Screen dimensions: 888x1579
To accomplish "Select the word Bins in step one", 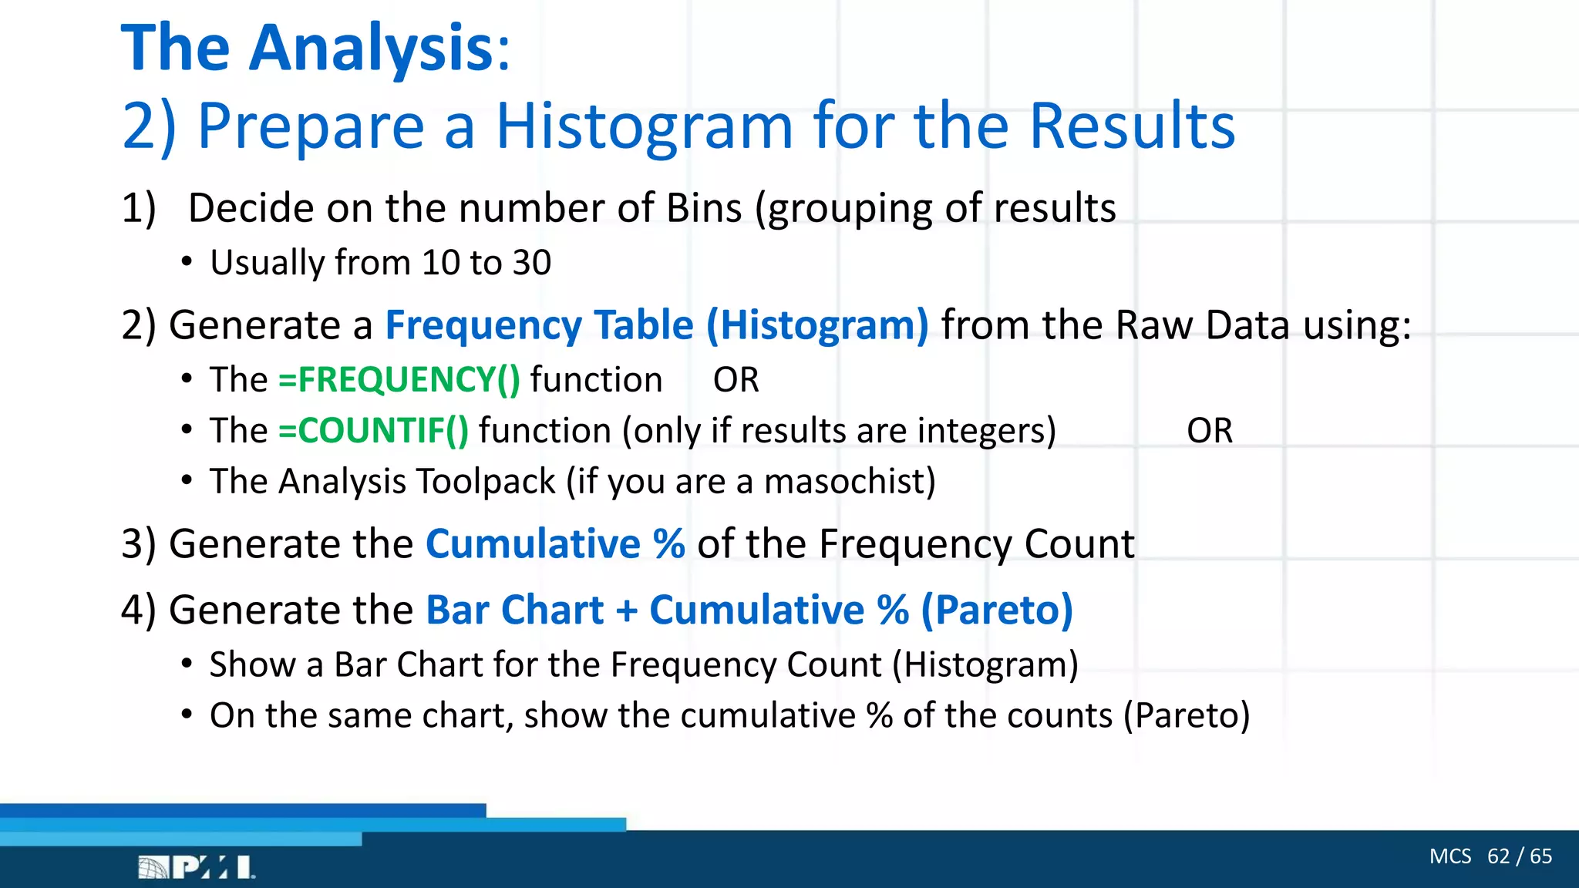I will (x=704, y=209).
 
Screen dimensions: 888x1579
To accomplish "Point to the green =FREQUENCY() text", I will (x=399, y=380).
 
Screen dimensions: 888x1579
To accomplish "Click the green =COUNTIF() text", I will (x=373, y=431).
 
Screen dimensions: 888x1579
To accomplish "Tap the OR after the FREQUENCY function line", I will (x=736, y=380).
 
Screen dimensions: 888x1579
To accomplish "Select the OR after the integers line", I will (x=1209, y=431).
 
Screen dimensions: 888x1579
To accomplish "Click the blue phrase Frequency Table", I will (x=539, y=325).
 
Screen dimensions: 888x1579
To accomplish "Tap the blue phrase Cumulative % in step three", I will (x=555, y=544).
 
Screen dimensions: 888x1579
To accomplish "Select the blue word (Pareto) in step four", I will (x=996, y=610).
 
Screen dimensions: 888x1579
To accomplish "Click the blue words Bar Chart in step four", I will (x=514, y=610).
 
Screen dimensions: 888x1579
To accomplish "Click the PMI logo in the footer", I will (x=196, y=867).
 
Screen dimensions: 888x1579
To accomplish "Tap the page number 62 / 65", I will (x=1519, y=856).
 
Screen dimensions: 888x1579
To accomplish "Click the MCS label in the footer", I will (x=1449, y=856).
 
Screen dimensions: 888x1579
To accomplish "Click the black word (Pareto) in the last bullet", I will (x=1186, y=716).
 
